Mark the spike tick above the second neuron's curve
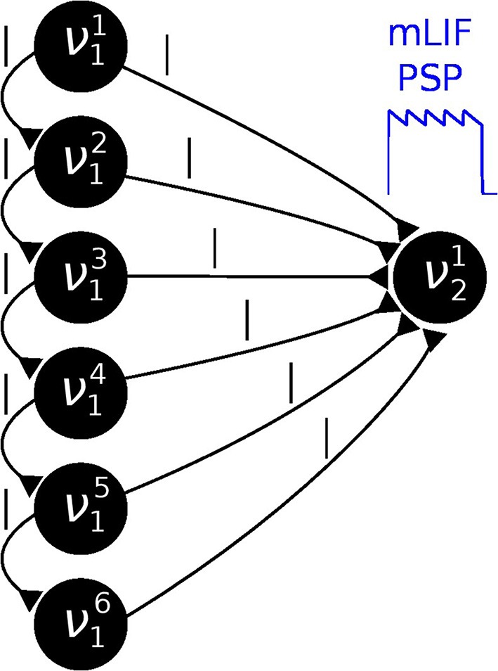[x=189, y=159]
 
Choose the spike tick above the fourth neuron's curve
[x=247, y=321]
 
